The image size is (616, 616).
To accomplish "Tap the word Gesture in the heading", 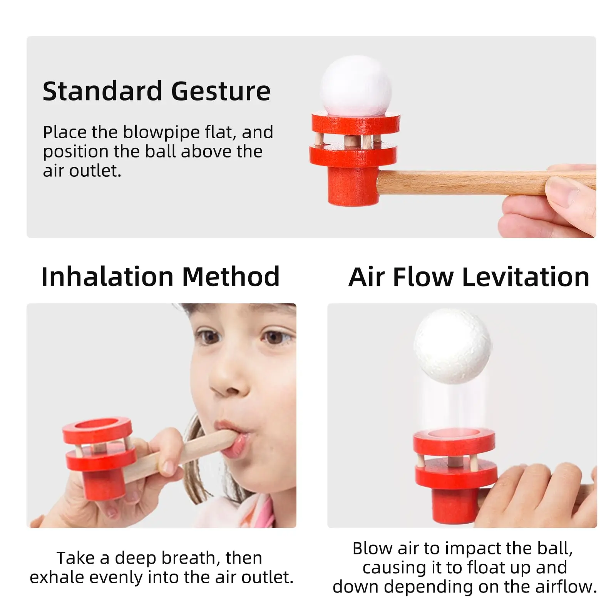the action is (221, 91).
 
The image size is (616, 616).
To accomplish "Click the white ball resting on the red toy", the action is (356, 85).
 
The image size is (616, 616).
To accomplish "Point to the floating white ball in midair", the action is (452, 346).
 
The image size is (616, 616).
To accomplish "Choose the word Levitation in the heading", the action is (526, 277).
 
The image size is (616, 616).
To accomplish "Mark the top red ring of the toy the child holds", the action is (97, 430).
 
